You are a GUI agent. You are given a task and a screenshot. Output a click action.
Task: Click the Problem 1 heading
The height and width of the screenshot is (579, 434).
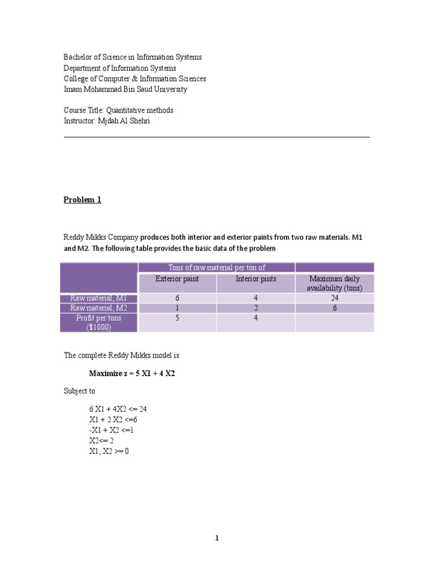tap(82, 200)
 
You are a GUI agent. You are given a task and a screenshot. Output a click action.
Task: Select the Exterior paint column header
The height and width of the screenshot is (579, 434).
tap(177, 279)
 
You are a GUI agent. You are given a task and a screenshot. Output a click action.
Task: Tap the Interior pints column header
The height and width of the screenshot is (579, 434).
tap(255, 279)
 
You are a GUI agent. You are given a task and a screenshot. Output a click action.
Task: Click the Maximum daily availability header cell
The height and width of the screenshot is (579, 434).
tap(334, 283)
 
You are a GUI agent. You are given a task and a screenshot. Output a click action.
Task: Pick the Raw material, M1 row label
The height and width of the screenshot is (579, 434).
tap(99, 298)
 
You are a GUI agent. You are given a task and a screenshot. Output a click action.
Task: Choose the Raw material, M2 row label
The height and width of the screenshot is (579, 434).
tap(99, 308)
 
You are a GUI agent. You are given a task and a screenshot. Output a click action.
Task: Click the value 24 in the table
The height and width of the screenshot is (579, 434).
tap(334, 298)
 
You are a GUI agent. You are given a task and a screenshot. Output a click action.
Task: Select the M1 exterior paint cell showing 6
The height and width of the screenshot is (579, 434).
tap(177, 298)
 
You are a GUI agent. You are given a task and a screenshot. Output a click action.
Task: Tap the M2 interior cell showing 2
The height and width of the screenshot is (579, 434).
tap(255, 308)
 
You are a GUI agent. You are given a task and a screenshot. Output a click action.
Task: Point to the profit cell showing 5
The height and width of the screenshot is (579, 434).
tap(177, 318)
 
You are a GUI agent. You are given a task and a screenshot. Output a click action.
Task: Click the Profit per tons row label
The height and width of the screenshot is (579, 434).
tap(99, 322)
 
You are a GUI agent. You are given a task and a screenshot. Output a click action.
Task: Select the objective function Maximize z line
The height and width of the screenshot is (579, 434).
tap(132, 374)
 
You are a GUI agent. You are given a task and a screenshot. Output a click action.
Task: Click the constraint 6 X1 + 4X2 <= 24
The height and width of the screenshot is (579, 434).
tap(118, 409)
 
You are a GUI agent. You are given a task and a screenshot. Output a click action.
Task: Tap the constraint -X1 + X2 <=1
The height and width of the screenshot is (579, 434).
tap(111, 430)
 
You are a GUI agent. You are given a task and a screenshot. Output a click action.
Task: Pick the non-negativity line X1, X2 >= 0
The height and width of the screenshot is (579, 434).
tap(109, 452)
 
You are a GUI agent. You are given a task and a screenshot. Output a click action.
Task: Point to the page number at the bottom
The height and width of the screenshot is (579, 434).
tap(216, 538)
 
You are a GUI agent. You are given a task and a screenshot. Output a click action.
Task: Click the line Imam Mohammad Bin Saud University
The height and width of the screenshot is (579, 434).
tap(125, 89)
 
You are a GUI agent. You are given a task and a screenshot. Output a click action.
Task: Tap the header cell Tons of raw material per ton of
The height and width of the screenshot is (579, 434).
tap(216, 267)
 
